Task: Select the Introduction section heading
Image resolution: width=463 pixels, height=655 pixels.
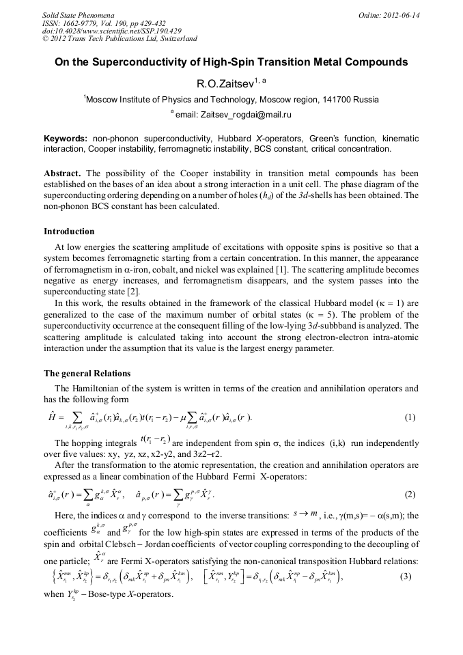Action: pos(69,232)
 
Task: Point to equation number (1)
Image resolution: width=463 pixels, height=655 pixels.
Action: pos(410,417)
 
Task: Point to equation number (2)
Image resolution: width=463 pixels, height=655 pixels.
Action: pos(410,494)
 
